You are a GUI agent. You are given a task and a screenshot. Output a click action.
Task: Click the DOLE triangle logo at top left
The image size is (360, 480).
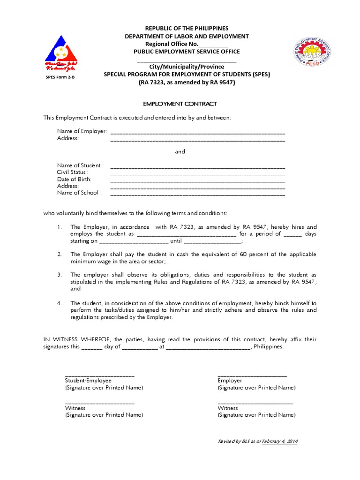(61, 52)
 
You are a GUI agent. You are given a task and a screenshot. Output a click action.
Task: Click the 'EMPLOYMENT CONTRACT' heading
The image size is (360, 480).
(180, 104)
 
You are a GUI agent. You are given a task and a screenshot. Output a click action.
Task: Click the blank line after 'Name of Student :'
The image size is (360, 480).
(197, 167)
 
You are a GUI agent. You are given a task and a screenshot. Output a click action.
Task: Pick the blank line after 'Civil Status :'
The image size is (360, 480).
(197, 173)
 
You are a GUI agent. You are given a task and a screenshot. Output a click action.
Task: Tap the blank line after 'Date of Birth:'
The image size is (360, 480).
(197, 180)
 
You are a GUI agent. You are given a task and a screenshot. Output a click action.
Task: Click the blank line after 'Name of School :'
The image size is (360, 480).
(197, 194)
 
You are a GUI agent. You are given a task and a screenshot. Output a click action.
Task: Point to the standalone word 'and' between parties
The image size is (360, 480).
(180, 151)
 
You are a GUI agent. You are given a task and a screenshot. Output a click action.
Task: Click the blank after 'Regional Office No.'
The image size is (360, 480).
(213, 44)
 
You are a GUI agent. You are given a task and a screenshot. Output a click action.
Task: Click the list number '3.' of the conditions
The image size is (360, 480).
(60, 275)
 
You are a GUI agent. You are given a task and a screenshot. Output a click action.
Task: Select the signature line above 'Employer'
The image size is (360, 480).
(252, 375)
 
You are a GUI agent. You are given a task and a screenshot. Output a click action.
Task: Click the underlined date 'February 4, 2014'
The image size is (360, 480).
(280, 442)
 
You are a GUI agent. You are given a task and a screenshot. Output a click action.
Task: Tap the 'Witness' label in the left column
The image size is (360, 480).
(75, 408)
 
